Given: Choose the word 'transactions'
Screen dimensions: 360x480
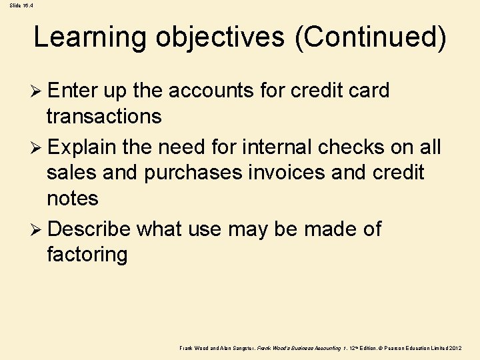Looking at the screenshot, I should [x=104, y=117].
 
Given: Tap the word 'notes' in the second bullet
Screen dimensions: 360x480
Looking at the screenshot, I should [x=73, y=199].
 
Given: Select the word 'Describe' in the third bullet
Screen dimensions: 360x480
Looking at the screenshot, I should [x=89, y=229].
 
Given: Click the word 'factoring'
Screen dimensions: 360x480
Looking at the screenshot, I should [x=87, y=255].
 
